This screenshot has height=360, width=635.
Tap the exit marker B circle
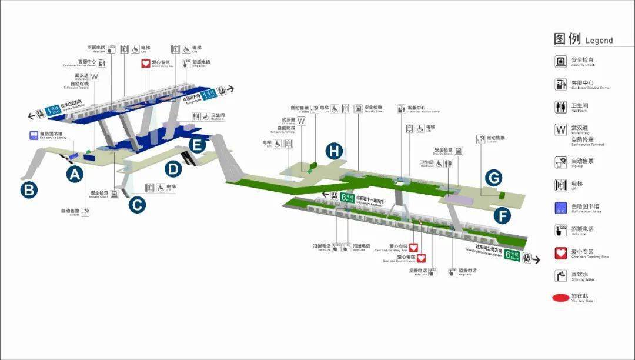tap(29, 190)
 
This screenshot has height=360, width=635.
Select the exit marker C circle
tap(136, 204)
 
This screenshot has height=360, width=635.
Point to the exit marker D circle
tap(173, 169)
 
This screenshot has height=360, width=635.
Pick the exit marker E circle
tap(198, 144)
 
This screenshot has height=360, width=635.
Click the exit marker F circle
tap(502, 215)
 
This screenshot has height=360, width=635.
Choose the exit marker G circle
tap(493, 177)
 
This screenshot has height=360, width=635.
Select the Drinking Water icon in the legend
tap(560, 275)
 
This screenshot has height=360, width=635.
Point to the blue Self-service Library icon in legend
tap(560, 207)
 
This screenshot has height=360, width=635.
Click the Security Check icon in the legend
tap(560, 61)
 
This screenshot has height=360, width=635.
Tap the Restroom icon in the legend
tap(560, 107)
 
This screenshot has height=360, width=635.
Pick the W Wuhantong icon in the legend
tap(560, 130)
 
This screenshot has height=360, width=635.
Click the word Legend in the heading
tap(599, 41)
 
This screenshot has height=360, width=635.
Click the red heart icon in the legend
tap(560, 253)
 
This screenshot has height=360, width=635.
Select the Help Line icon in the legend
tap(560, 230)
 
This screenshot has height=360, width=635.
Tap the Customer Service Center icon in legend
tap(560, 84)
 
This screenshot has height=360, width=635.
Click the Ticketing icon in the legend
tap(560, 161)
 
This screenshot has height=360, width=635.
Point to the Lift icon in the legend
tap(560, 184)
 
